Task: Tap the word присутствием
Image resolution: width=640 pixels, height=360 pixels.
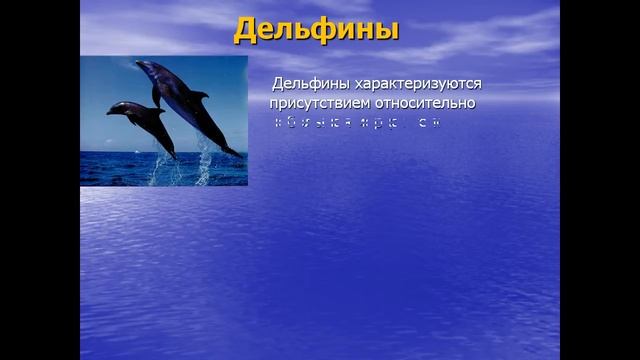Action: (318, 102)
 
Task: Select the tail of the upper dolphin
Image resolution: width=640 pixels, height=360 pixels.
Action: (232, 150)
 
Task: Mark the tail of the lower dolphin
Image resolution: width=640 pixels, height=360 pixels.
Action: (171, 154)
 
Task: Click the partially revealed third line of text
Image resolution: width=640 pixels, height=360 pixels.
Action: (356, 123)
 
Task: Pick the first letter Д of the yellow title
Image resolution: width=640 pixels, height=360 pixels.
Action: (246, 30)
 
